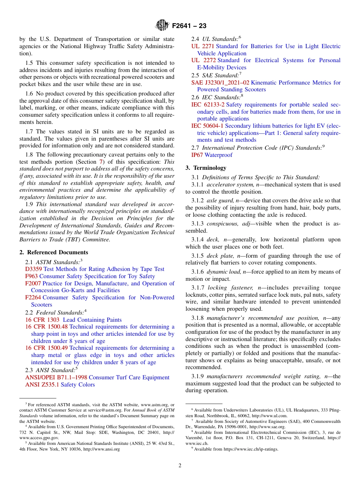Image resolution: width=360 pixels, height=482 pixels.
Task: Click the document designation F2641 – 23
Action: [189, 26]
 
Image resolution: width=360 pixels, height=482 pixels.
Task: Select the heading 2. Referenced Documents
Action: [54, 252]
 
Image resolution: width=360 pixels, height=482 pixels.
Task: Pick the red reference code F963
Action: [31, 276]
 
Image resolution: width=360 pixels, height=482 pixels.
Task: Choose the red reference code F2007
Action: [33, 283]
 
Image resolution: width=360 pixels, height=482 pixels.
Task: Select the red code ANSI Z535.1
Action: [42, 385]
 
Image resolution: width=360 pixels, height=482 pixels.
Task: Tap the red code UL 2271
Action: [203, 46]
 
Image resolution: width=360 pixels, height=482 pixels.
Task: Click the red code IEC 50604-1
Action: [207, 126]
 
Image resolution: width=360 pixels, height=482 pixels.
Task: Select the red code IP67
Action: [197, 155]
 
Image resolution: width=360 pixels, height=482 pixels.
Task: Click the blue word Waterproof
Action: [219, 155]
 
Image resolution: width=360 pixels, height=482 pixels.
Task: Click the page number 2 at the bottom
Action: [180, 466]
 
